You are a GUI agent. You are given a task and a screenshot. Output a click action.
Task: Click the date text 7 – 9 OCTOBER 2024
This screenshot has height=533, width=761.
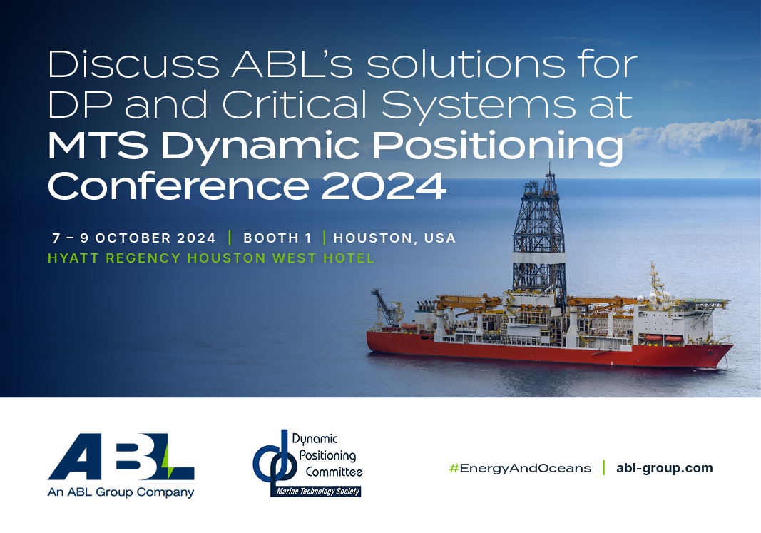coord(134,238)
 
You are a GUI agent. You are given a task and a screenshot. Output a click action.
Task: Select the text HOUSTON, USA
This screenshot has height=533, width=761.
coord(394,238)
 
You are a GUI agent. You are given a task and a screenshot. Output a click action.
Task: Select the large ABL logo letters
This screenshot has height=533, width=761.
coord(121,457)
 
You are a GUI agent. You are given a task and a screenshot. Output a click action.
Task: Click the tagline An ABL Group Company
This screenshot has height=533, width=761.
coord(121,492)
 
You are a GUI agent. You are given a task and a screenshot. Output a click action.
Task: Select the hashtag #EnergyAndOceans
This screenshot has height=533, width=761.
coord(520,468)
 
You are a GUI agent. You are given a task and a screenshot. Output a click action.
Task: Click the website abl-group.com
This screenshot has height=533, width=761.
coord(664,468)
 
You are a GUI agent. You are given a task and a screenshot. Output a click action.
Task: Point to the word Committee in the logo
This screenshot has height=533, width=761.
coord(334,472)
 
